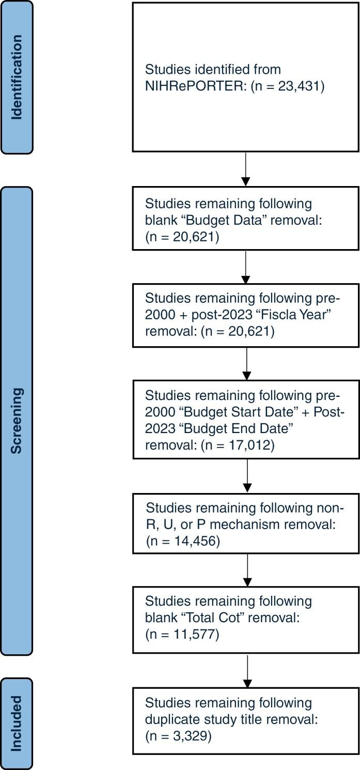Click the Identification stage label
tap(17, 78)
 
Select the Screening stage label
tap(17, 421)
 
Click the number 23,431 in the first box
tap(300, 87)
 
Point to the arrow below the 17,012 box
tap(247, 475)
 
